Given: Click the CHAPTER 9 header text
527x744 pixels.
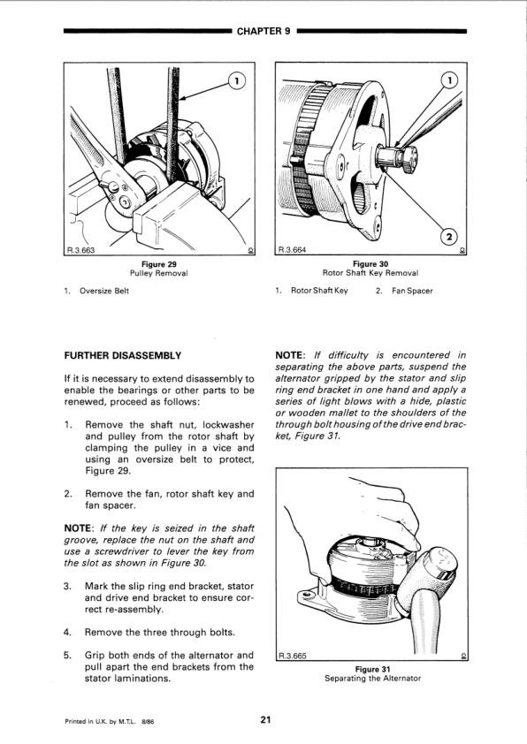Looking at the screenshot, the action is click(x=263, y=31).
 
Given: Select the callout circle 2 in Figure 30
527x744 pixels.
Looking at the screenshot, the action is click(x=449, y=235).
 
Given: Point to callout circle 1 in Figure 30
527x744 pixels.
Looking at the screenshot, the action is click(x=449, y=80).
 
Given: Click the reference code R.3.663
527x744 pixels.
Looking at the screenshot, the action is click(x=80, y=251).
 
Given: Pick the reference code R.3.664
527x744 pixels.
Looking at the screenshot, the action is click(x=292, y=249).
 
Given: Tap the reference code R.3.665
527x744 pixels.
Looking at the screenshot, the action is click(x=292, y=656).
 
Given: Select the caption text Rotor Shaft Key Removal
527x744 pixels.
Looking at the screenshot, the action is click(x=370, y=273).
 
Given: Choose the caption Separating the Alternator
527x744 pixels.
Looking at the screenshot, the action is click(x=372, y=678).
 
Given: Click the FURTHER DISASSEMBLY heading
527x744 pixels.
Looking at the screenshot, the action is click(x=123, y=355).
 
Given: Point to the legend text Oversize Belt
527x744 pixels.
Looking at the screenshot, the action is click(x=104, y=291).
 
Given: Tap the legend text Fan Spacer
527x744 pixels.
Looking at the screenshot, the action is click(x=412, y=291).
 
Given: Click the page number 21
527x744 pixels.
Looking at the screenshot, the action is click(x=265, y=720).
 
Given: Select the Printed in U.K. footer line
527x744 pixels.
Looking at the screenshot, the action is click(x=109, y=722).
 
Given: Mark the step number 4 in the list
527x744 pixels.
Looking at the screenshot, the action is click(x=67, y=633).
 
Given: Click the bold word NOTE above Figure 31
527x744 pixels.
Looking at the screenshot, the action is click(x=289, y=355).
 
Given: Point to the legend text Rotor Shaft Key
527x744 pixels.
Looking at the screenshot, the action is click(x=319, y=291).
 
